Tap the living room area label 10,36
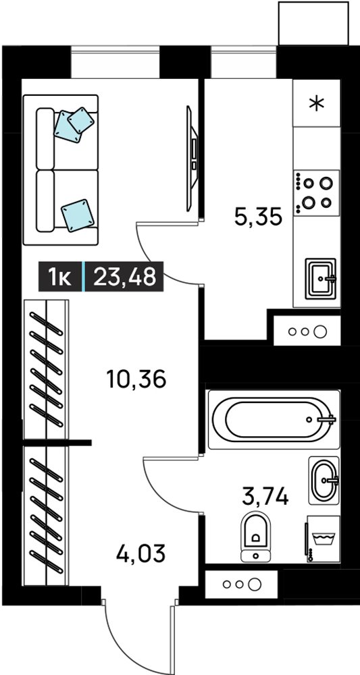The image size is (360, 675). [x=136, y=379]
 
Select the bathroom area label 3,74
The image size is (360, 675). [x=265, y=497]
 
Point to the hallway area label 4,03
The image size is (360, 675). [x=140, y=553]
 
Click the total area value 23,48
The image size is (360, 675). [x=124, y=276]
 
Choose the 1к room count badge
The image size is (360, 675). [x=60, y=276]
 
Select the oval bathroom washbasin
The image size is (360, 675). [x=324, y=481]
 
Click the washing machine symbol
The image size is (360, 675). [x=323, y=539]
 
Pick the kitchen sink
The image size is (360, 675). [x=320, y=279]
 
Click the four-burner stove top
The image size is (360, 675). [x=317, y=192]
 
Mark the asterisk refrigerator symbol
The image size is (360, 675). [x=317, y=103]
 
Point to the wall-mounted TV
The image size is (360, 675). [x=192, y=159]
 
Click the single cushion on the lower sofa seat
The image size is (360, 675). [x=78, y=215]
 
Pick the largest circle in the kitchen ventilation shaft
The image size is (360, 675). [x=319, y=331]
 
